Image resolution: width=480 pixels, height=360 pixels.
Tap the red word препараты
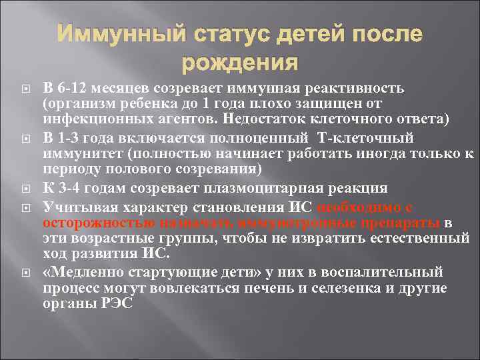[x=397, y=221]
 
